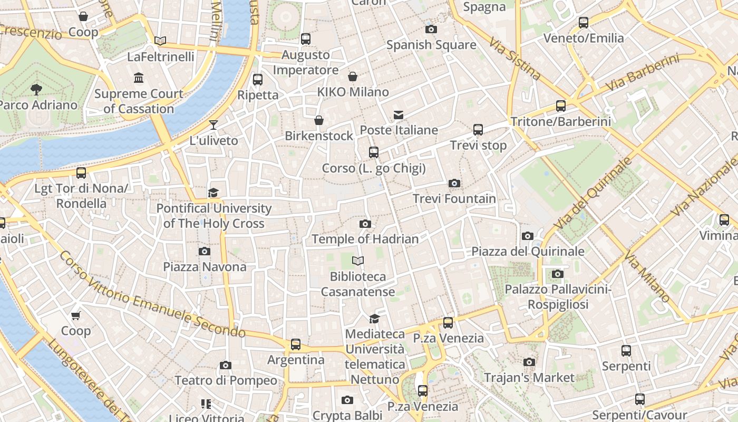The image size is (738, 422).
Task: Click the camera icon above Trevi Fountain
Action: pyautogui.click(x=454, y=184)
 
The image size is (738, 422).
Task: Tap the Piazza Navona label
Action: pyautogui.click(x=205, y=267)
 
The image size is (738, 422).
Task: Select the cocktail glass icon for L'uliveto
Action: pyautogui.click(x=213, y=125)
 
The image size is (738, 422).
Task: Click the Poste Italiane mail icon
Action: pyautogui.click(x=399, y=115)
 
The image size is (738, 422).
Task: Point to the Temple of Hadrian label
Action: pyautogui.click(x=365, y=239)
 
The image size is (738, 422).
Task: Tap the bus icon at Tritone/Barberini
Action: pyautogui.click(x=561, y=106)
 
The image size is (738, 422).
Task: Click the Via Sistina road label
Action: pyautogui.click(x=514, y=58)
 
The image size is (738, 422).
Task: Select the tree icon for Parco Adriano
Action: pyautogui.click(x=36, y=89)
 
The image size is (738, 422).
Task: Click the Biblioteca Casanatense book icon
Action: pyautogui.click(x=358, y=261)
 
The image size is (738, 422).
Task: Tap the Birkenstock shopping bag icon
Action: pyautogui.click(x=319, y=121)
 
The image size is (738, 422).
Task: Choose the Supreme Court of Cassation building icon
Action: pyautogui.click(x=139, y=78)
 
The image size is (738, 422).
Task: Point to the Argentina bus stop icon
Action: pyautogui.click(x=296, y=344)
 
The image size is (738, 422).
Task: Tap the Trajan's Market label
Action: pyautogui.click(x=529, y=378)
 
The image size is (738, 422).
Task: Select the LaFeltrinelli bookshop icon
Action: pyautogui.click(x=160, y=41)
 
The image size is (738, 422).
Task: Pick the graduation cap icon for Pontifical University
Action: pyautogui.click(x=213, y=193)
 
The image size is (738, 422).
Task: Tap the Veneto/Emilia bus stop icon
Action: pyautogui.click(x=584, y=23)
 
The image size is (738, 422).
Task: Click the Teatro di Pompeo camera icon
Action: pyautogui.click(x=226, y=365)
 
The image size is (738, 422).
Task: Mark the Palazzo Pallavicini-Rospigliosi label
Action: pyautogui.click(x=558, y=297)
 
